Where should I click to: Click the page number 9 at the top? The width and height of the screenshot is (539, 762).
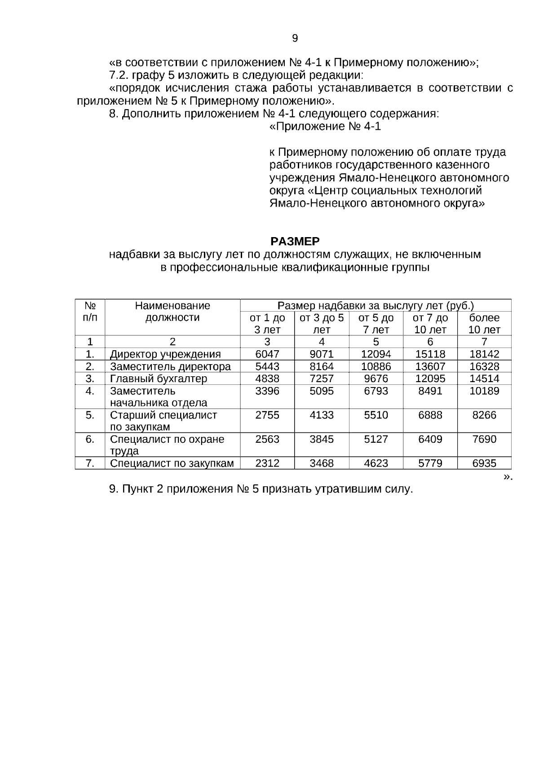pos(295,38)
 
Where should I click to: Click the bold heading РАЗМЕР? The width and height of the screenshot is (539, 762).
pos(295,242)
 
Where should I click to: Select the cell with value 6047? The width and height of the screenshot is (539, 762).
pos(267,354)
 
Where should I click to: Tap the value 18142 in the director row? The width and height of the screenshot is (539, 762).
pos(484,354)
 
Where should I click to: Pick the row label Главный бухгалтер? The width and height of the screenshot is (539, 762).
pos(159,379)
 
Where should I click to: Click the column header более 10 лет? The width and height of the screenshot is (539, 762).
pos(484,324)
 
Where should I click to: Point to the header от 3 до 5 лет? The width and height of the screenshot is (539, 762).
pos(322,324)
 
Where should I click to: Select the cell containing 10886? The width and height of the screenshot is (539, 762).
pos(376,366)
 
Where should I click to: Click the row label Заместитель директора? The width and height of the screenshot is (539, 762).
pos(170,366)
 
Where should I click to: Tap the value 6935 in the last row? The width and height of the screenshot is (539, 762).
pos(484,463)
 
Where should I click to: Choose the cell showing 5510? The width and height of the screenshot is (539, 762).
pos(376,415)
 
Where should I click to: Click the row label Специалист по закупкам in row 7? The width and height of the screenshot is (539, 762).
pos(172,463)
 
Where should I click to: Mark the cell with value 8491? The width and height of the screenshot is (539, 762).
pos(430,391)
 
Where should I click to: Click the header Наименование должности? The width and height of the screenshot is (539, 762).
pos(172,312)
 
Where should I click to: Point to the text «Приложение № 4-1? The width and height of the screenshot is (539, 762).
pos(325,127)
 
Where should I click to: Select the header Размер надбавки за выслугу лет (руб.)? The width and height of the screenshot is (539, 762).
pos(376,306)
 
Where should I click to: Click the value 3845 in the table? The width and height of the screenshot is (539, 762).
pos(322,440)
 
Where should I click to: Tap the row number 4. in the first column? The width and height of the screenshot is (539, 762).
pos(90,391)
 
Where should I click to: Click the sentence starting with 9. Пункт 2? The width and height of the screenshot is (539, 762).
pos(261,489)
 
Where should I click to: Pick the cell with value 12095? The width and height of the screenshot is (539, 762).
pos(430,379)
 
